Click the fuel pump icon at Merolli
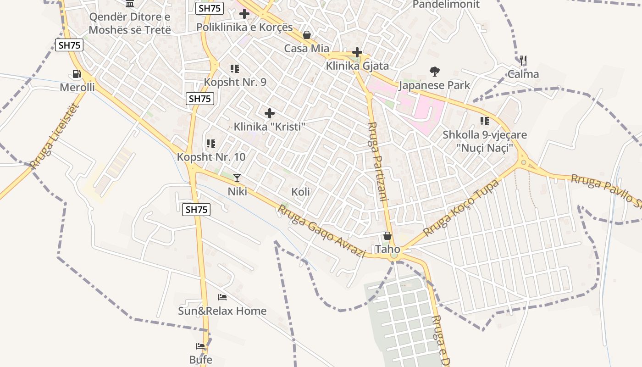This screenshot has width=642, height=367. tap(77, 73)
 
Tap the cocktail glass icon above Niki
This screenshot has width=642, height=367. tap(237, 178)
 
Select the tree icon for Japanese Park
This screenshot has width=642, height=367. tap(434, 71)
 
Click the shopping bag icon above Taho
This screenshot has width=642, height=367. tap(387, 236)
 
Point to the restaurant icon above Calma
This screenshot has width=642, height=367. tap(523, 60)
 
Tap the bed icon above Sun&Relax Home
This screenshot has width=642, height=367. tap(222, 297)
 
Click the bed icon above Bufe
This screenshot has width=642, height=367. tap(200, 346)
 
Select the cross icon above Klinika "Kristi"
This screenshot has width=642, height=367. tap(270, 113)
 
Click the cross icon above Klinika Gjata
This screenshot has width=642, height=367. tap(357, 52)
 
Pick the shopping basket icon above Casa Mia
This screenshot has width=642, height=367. tap(307, 35)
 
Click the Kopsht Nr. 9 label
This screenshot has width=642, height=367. tap(235, 83)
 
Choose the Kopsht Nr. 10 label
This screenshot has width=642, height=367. tap(211, 157)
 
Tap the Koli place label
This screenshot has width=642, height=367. tap(301, 192)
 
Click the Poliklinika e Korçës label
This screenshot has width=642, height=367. tap(244, 27)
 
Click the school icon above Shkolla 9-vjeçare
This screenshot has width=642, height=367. tap(485, 121)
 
